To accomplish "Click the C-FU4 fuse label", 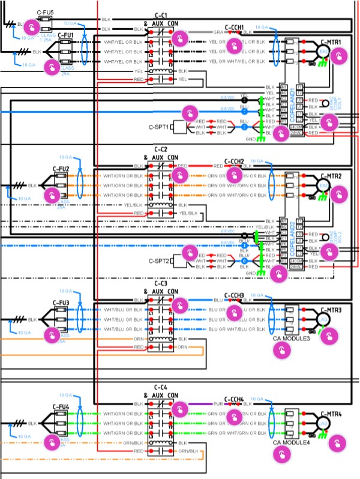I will (61, 407).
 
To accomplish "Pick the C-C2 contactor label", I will (161, 149).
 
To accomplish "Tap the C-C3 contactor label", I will (161, 283).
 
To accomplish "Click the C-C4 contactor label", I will (161, 387).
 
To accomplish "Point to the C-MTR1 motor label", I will (331, 42).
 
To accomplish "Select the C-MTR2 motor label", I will (331, 176).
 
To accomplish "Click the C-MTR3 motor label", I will (331, 310).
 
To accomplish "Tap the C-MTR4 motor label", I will (331, 414).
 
